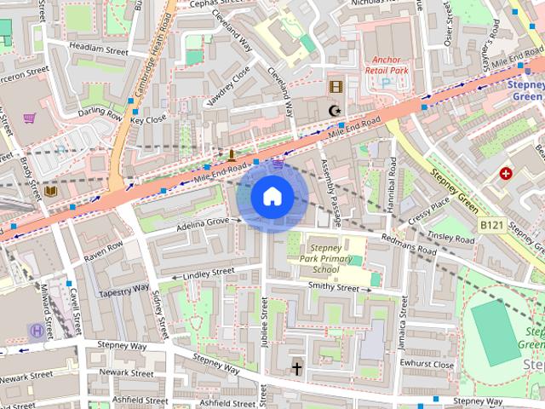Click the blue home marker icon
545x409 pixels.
point(272,196)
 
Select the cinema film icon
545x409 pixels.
point(336,86)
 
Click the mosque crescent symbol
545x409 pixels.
point(335,111)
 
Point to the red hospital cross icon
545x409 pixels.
point(507,173)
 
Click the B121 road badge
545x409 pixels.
point(489,225)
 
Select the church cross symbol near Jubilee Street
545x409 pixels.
point(297,368)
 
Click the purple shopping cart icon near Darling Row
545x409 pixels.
point(30,118)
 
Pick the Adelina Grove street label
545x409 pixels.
point(203,222)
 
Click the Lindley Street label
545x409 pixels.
point(208,273)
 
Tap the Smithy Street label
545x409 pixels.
point(335,289)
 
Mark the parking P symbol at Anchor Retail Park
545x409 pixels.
point(387,83)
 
